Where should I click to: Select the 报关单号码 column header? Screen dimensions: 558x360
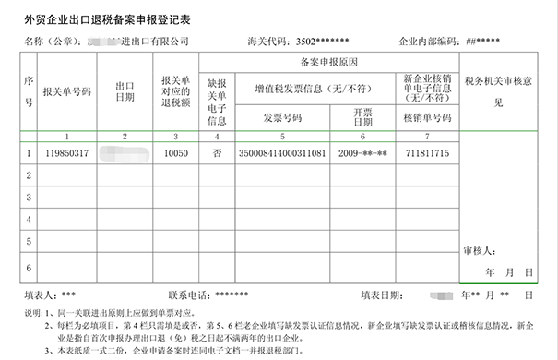66,92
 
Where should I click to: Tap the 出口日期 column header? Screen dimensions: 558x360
125,92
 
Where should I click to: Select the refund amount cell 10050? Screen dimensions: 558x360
175,152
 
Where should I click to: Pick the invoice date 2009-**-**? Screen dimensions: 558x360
362,152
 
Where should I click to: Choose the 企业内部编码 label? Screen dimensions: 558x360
427,42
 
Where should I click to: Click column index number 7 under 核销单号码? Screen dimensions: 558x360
426,136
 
